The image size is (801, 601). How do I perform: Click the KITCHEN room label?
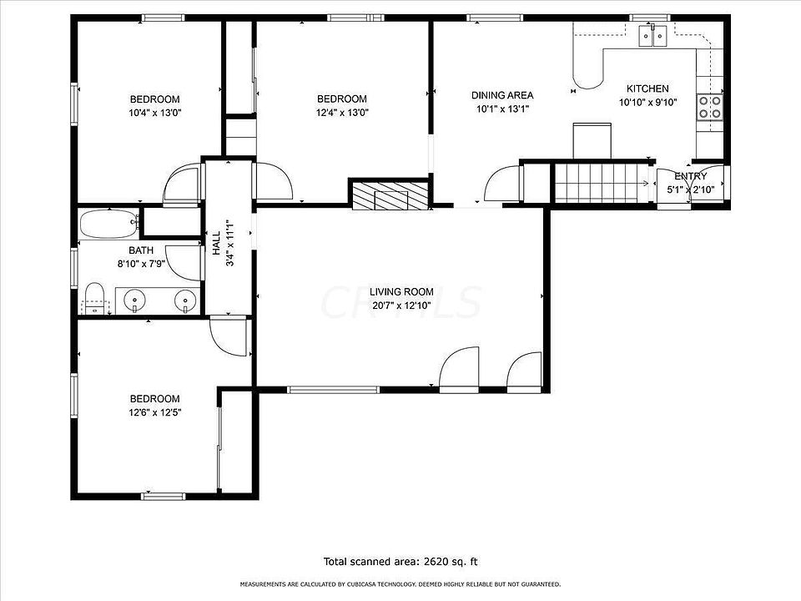click(x=647, y=88)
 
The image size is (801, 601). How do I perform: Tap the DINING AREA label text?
click(x=502, y=95)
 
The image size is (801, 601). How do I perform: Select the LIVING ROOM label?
click(x=402, y=291)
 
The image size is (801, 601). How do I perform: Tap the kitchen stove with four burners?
click(x=710, y=108)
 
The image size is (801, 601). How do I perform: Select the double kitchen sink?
click(x=653, y=35)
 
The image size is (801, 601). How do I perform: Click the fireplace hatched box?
click(x=390, y=194)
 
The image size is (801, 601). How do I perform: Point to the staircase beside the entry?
click(x=602, y=182)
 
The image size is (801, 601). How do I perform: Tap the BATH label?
click(x=141, y=250)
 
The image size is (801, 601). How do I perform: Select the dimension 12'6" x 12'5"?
click(x=154, y=412)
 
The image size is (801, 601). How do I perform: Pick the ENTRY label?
click(x=691, y=176)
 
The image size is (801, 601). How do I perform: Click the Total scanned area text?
click(x=400, y=562)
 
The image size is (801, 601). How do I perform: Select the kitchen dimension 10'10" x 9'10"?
click(x=647, y=103)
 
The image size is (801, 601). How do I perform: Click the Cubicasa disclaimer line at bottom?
click(x=400, y=584)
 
